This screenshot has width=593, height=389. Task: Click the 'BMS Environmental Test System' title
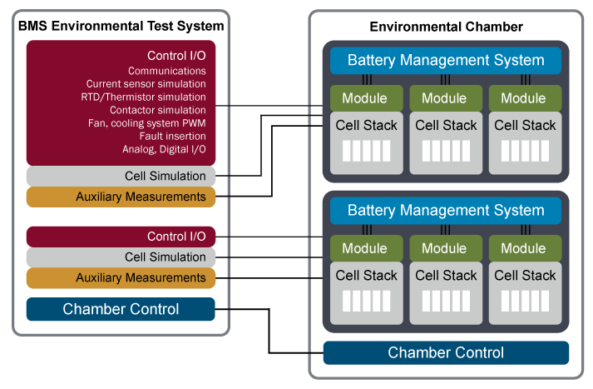click(121, 26)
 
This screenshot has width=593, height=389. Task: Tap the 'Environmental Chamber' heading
click(447, 27)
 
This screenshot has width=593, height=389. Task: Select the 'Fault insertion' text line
click(172, 136)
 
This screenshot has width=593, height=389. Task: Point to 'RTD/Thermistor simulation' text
click(143, 97)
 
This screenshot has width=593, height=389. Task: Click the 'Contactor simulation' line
click(158, 110)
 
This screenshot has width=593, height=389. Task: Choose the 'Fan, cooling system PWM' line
click(146, 123)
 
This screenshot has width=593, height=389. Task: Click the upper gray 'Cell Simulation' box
click(121, 176)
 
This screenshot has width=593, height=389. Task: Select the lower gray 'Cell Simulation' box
click(121, 257)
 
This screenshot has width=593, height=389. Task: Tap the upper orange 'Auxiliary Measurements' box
click(121, 197)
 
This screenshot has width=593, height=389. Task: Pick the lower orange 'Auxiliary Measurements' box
click(121, 277)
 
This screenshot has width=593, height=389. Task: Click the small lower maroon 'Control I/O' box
click(121, 237)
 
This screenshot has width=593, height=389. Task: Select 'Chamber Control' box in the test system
click(121, 309)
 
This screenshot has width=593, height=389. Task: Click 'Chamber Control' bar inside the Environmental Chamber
click(447, 352)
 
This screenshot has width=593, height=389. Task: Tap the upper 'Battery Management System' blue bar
click(446, 61)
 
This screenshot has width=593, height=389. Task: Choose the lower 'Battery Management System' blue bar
click(446, 211)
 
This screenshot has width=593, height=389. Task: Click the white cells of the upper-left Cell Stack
click(367, 151)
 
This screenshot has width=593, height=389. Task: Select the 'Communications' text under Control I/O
click(167, 71)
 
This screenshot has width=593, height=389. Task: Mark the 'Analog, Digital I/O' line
click(164, 149)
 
